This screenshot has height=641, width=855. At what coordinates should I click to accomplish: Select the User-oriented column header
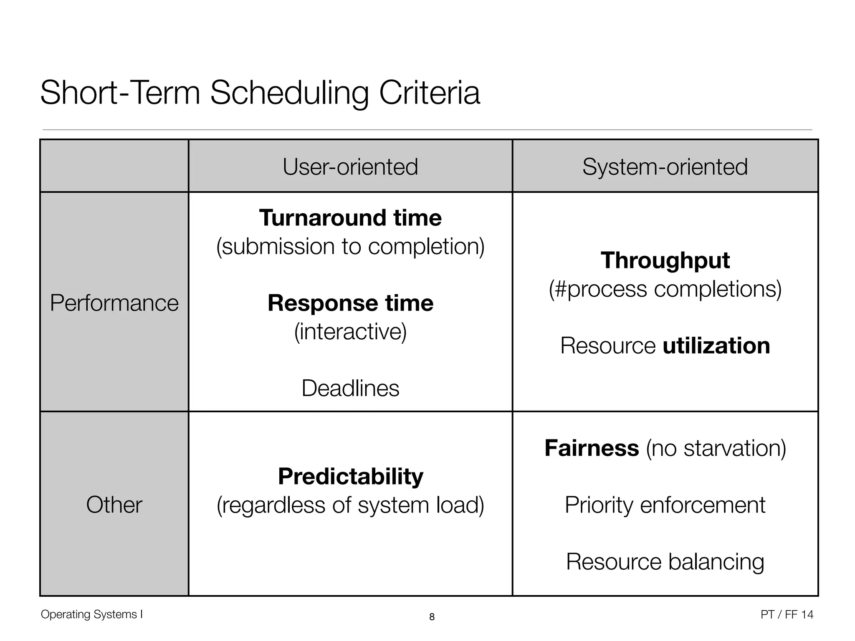[350, 167]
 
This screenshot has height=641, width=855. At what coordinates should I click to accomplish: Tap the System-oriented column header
[665, 167]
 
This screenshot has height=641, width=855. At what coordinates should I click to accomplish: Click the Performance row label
[114, 303]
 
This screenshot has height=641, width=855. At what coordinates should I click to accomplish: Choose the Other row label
[114, 504]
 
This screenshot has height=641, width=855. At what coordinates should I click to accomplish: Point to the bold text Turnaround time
[350, 218]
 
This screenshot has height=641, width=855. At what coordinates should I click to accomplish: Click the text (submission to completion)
[350, 246]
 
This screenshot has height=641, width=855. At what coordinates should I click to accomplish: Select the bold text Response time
[350, 303]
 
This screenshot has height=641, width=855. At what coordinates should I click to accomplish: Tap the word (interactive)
[350, 331]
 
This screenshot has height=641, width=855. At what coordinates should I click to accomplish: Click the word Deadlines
[350, 388]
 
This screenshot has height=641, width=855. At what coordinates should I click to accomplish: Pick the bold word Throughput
[665, 260]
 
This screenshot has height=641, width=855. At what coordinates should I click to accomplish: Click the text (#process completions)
[665, 289]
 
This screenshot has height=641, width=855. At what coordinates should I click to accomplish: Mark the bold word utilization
[716, 346]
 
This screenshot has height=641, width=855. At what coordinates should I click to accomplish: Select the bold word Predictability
[350, 476]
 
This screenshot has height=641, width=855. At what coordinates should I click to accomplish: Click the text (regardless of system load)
[350, 505]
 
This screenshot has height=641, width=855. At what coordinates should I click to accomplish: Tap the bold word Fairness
[592, 448]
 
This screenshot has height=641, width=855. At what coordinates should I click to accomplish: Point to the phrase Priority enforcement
[665, 505]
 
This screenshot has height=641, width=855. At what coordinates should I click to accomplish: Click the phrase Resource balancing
[665, 561]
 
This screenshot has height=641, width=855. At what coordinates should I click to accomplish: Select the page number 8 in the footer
[432, 617]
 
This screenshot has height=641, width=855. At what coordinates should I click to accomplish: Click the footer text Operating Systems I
[91, 614]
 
